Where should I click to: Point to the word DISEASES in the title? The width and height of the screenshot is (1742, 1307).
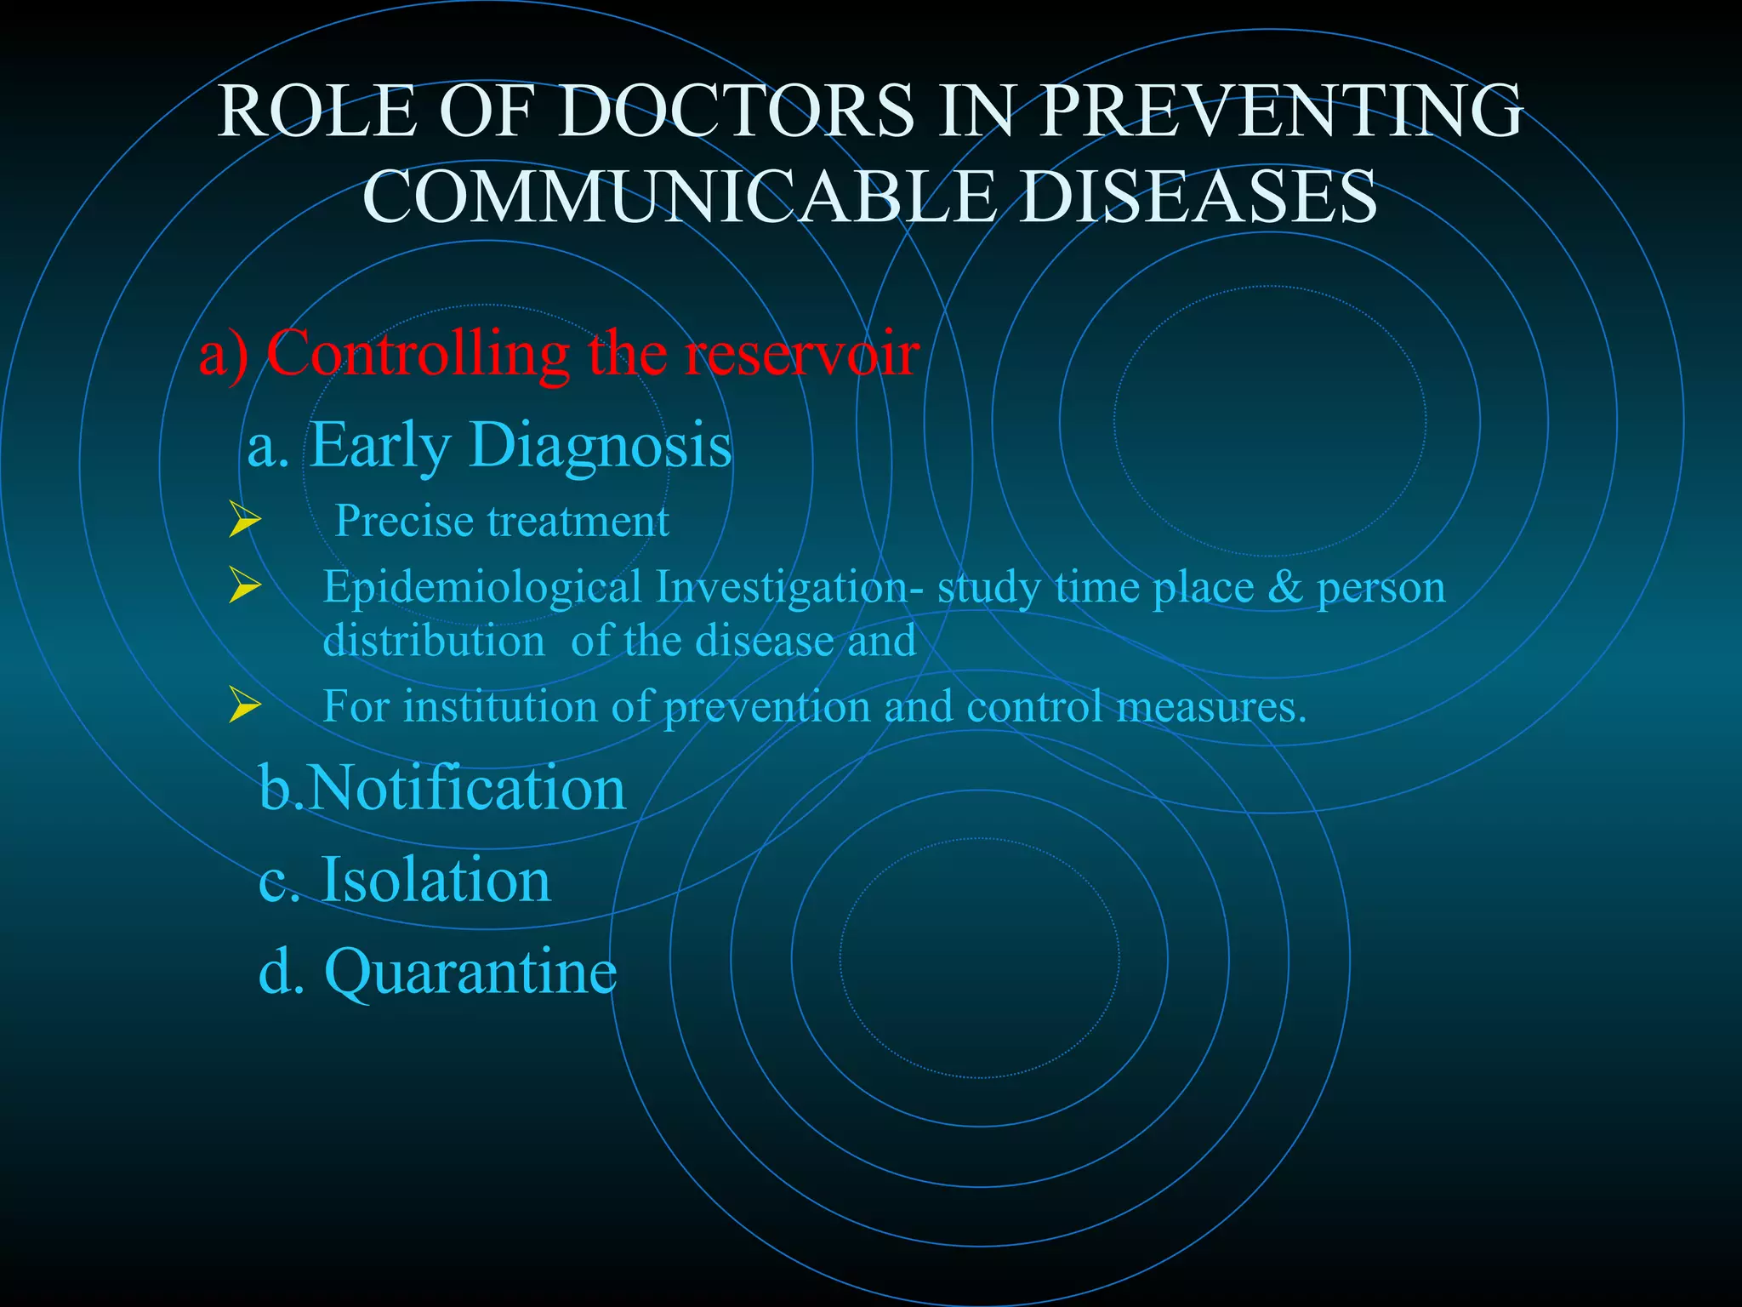1198,197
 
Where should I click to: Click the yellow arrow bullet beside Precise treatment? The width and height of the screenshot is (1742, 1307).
244,521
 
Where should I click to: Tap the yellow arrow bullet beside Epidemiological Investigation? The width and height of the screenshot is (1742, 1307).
244,587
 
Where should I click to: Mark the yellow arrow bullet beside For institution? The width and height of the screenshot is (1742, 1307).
244,706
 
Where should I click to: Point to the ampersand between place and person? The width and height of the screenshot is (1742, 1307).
1284,587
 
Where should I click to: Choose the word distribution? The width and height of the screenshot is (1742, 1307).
434,641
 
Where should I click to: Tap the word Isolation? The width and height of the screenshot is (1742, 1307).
435,880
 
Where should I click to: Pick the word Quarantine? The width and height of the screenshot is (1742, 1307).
470,972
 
